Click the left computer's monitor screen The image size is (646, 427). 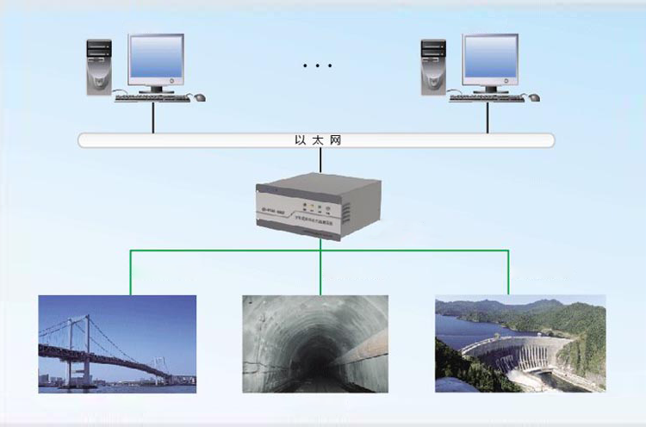coord(156,59)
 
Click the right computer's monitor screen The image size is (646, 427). coord(490,59)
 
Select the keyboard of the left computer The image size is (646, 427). coord(152,97)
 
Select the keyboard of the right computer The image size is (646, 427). coord(485,97)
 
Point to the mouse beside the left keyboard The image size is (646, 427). coord(200,97)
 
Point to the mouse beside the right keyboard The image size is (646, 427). coord(534,97)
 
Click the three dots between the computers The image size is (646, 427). coord(317,66)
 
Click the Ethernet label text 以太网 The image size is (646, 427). coord(318,139)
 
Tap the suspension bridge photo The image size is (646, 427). coord(117,343)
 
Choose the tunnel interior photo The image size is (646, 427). coord(315,343)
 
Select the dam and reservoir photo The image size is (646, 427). coord(519,343)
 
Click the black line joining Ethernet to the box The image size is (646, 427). coord(320,160)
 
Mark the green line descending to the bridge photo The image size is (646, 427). coord(131,274)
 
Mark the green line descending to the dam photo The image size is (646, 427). coord(508,274)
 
